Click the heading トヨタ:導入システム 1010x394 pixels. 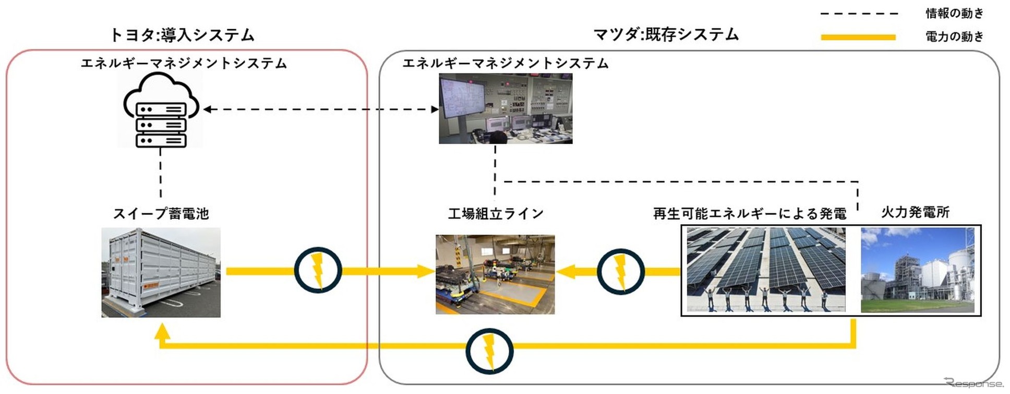[182, 35]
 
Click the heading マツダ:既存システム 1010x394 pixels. [666, 34]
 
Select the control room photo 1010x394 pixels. [506, 108]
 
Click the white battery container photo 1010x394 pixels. [161, 272]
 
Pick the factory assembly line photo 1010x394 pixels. [495, 274]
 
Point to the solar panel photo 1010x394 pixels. [765, 269]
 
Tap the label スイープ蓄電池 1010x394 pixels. [161, 214]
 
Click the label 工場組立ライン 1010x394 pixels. [496, 214]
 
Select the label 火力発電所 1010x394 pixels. [915, 212]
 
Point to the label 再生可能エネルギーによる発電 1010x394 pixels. [750, 214]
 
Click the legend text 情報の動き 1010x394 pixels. [954, 13]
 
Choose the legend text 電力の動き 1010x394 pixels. [954, 36]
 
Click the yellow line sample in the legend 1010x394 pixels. [858, 37]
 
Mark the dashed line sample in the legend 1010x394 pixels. [858, 14]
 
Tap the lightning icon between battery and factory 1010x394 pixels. [318, 270]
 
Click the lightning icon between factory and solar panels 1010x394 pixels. [620, 272]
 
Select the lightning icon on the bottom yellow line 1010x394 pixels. [489, 351]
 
